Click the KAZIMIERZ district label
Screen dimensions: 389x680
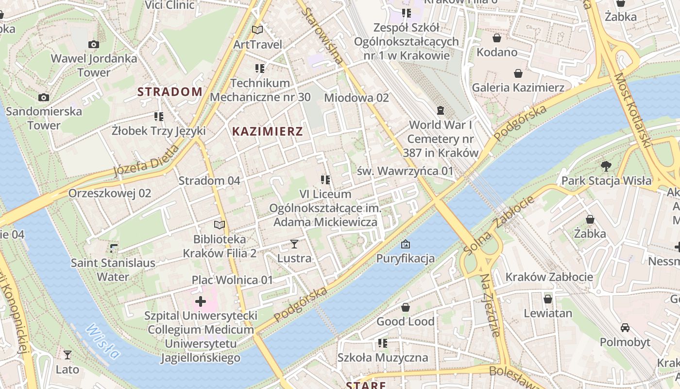268,131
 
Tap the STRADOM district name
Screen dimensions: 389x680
170,91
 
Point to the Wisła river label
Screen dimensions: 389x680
103,342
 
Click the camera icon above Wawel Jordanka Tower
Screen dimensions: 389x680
94,45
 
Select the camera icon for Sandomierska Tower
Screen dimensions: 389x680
44,97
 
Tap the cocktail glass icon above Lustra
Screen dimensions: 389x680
294,244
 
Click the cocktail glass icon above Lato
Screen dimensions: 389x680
68,355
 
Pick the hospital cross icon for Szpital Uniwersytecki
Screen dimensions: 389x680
200,302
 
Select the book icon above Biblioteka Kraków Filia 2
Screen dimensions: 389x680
220,225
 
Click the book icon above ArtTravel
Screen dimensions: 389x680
257,30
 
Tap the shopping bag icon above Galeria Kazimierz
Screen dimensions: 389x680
518,73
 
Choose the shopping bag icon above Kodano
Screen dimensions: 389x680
497,38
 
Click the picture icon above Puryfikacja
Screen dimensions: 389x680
405,244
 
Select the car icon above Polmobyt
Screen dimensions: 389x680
625,328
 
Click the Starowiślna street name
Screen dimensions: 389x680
323,35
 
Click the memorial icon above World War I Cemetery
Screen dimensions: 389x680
441,110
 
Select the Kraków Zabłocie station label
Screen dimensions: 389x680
549,277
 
